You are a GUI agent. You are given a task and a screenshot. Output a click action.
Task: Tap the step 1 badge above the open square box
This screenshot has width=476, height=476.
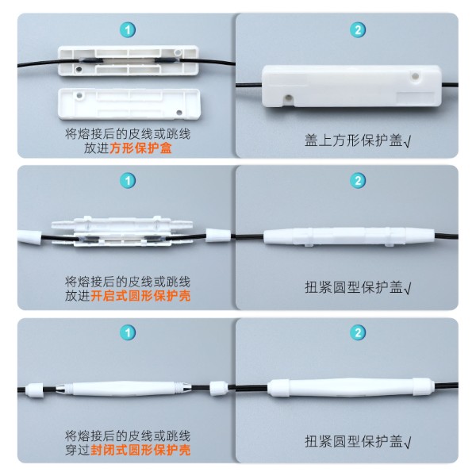coord(127,30)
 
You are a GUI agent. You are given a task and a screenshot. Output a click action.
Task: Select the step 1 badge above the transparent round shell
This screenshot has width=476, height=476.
coord(127,181)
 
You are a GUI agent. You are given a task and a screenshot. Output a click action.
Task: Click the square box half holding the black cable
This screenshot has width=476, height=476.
coord(128,60)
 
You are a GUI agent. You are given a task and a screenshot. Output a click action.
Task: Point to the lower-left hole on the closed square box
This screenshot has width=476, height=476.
coord(287,98)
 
